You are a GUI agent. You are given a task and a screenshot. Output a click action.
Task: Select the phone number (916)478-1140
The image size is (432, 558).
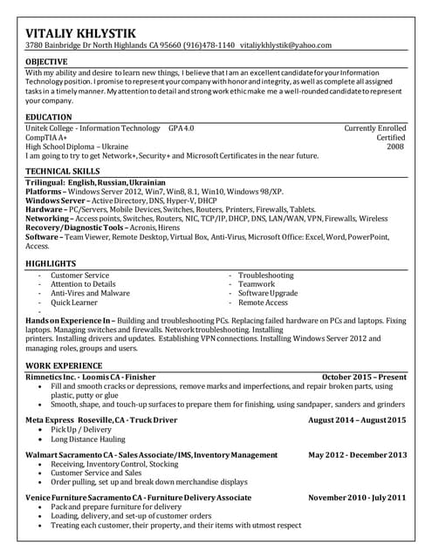click(x=207, y=44)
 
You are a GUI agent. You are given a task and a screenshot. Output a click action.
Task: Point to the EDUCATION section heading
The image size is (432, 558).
click(x=49, y=117)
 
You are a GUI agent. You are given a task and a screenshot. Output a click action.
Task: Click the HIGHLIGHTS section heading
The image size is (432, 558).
click(x=51, y=262)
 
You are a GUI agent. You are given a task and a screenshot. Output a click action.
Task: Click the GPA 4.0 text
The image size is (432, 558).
click(x=182, y=128)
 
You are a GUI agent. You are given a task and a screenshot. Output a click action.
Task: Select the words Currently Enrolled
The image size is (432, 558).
click(x=375, y=128)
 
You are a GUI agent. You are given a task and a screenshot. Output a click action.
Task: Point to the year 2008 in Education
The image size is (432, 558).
click(x=395, y=147)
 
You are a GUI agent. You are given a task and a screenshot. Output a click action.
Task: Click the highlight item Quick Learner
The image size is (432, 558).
click(x=74, y=303)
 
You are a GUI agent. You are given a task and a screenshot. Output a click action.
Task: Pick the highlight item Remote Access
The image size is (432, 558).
click(x=263, y=303)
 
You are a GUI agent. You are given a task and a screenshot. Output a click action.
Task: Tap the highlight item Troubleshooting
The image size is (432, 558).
click(x=266, y=275)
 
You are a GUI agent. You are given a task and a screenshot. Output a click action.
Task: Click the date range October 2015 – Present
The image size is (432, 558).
click(x=364, y=376)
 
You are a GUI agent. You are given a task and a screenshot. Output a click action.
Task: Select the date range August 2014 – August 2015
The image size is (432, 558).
click(x=357, y=420)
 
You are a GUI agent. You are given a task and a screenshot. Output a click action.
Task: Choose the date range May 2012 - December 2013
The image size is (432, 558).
click(x=358, y=455)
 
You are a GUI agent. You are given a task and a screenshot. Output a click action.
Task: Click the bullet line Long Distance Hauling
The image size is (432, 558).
click(x=88, y=439)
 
